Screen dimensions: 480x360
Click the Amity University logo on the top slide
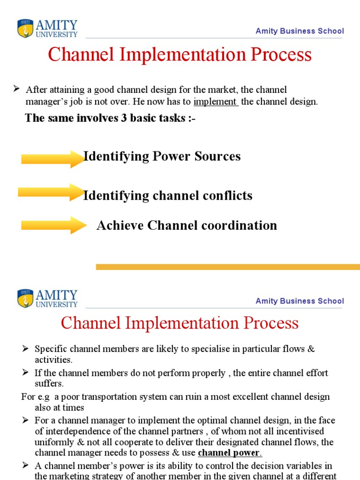47,29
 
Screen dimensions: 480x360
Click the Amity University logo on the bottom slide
47,299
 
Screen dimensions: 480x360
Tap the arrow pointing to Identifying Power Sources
52,158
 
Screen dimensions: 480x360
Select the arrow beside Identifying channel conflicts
51,192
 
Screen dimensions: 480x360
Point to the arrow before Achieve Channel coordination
52,225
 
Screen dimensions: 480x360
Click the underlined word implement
216,102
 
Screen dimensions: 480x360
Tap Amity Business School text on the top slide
300,31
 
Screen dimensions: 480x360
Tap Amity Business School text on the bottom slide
300,301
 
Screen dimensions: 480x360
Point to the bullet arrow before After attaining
16,89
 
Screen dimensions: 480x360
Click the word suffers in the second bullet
49,383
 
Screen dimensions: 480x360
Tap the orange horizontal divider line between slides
228,267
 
